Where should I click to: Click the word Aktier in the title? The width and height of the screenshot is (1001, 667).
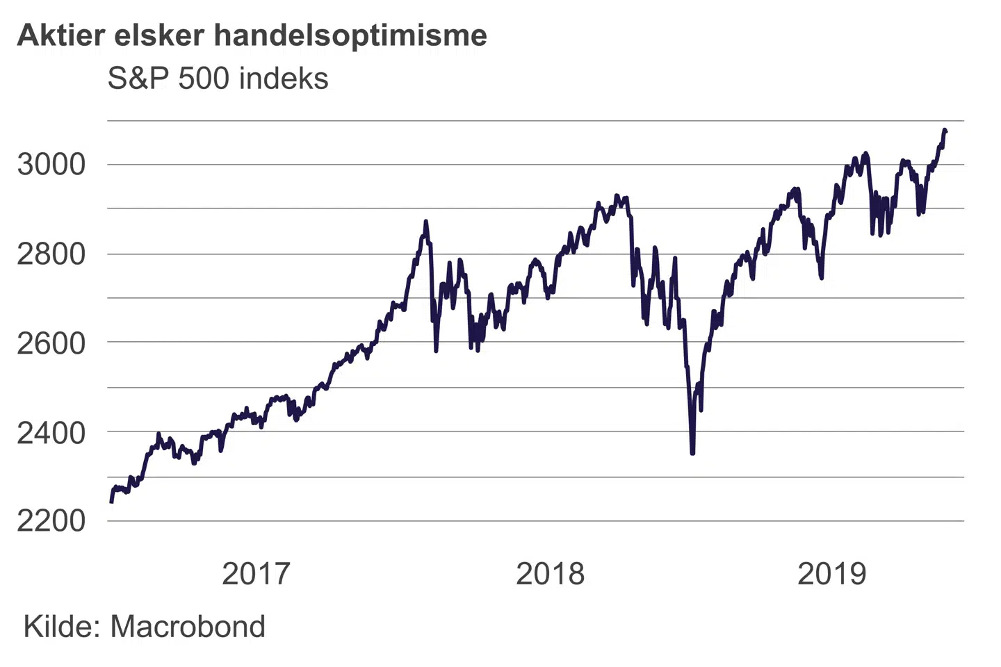click(60, 35)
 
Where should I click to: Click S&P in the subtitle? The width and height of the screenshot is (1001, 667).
click(138, 79)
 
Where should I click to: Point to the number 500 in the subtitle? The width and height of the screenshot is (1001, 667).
click(204, 79)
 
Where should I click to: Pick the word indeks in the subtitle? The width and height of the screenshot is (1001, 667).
click(284, 79)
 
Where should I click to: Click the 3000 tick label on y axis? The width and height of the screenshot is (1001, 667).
click(51, 165)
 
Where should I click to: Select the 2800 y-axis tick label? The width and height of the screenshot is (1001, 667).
click(51, 254)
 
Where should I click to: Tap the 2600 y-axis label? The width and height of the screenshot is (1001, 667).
click(51, 343)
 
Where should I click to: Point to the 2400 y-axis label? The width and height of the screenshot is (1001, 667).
click(51, 432)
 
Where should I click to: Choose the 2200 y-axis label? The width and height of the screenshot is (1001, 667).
click(51, 520)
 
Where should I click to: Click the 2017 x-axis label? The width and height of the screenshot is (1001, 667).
click(256, 574)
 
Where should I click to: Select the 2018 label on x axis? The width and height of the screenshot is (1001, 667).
click(551, 574)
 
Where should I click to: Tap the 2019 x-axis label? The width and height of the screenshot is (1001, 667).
click(832, 574)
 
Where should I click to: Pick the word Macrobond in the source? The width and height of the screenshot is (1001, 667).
click(188, 627)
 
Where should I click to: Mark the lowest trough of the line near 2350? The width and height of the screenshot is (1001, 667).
click(692, 453)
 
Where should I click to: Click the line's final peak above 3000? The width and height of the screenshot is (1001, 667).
click(945, 130)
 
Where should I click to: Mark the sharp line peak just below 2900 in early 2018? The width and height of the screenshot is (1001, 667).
click(426, 222)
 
